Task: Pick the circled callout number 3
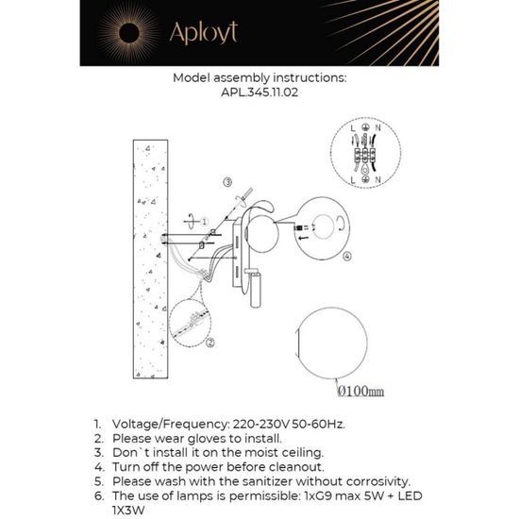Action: point(227,180)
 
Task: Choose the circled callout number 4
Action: point(347,256)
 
